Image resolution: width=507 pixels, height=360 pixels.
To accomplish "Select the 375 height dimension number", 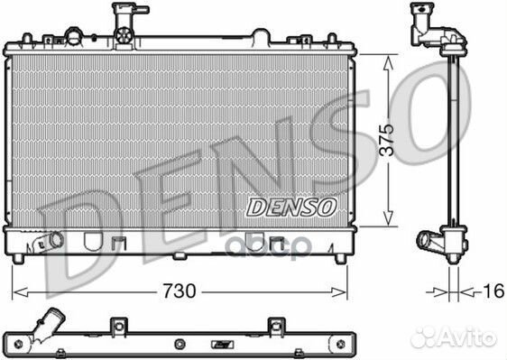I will click(386, 141).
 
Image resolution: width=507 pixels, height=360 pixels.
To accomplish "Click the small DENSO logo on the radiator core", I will click(291, 207).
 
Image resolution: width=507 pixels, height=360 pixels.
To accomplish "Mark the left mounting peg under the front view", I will click(18, 259).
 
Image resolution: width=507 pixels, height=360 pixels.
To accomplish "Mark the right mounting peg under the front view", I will click(340, 259).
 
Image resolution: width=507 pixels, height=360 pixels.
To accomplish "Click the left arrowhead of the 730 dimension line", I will click(16, 291).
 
